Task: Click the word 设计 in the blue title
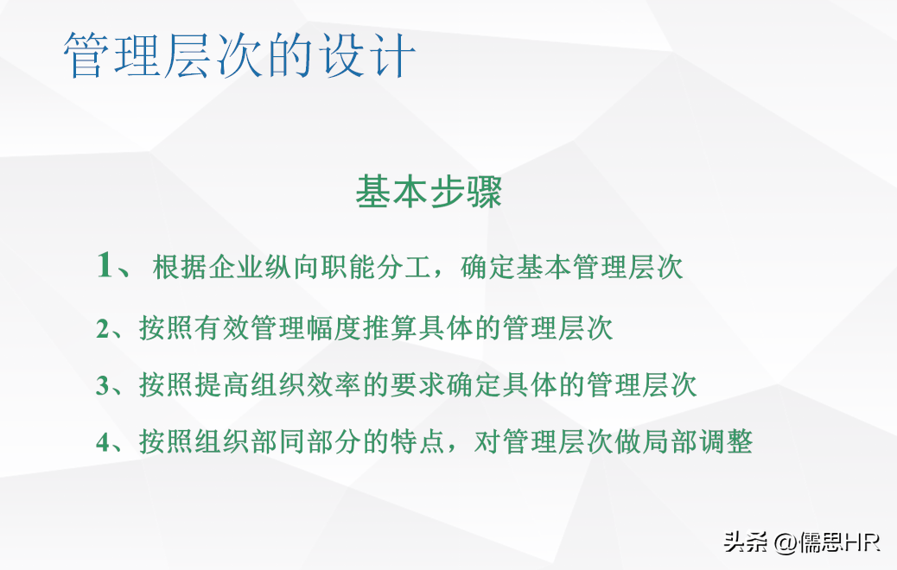(x=368, y=55)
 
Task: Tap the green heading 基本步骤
(x=429, y=192)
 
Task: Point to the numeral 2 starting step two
(x=103, y=329)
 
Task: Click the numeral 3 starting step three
(x=103, y=385)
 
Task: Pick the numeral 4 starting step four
(x=103, y=442)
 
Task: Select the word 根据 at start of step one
(x=180, y=266)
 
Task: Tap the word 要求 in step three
(x=418, y=385)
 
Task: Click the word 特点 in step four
(x=418, y=441)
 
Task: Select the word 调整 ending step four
(x=725, y=441)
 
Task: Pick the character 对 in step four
(x=488, y=441)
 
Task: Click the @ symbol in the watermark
(x=786, y=542)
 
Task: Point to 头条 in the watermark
(x=746, y=541)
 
